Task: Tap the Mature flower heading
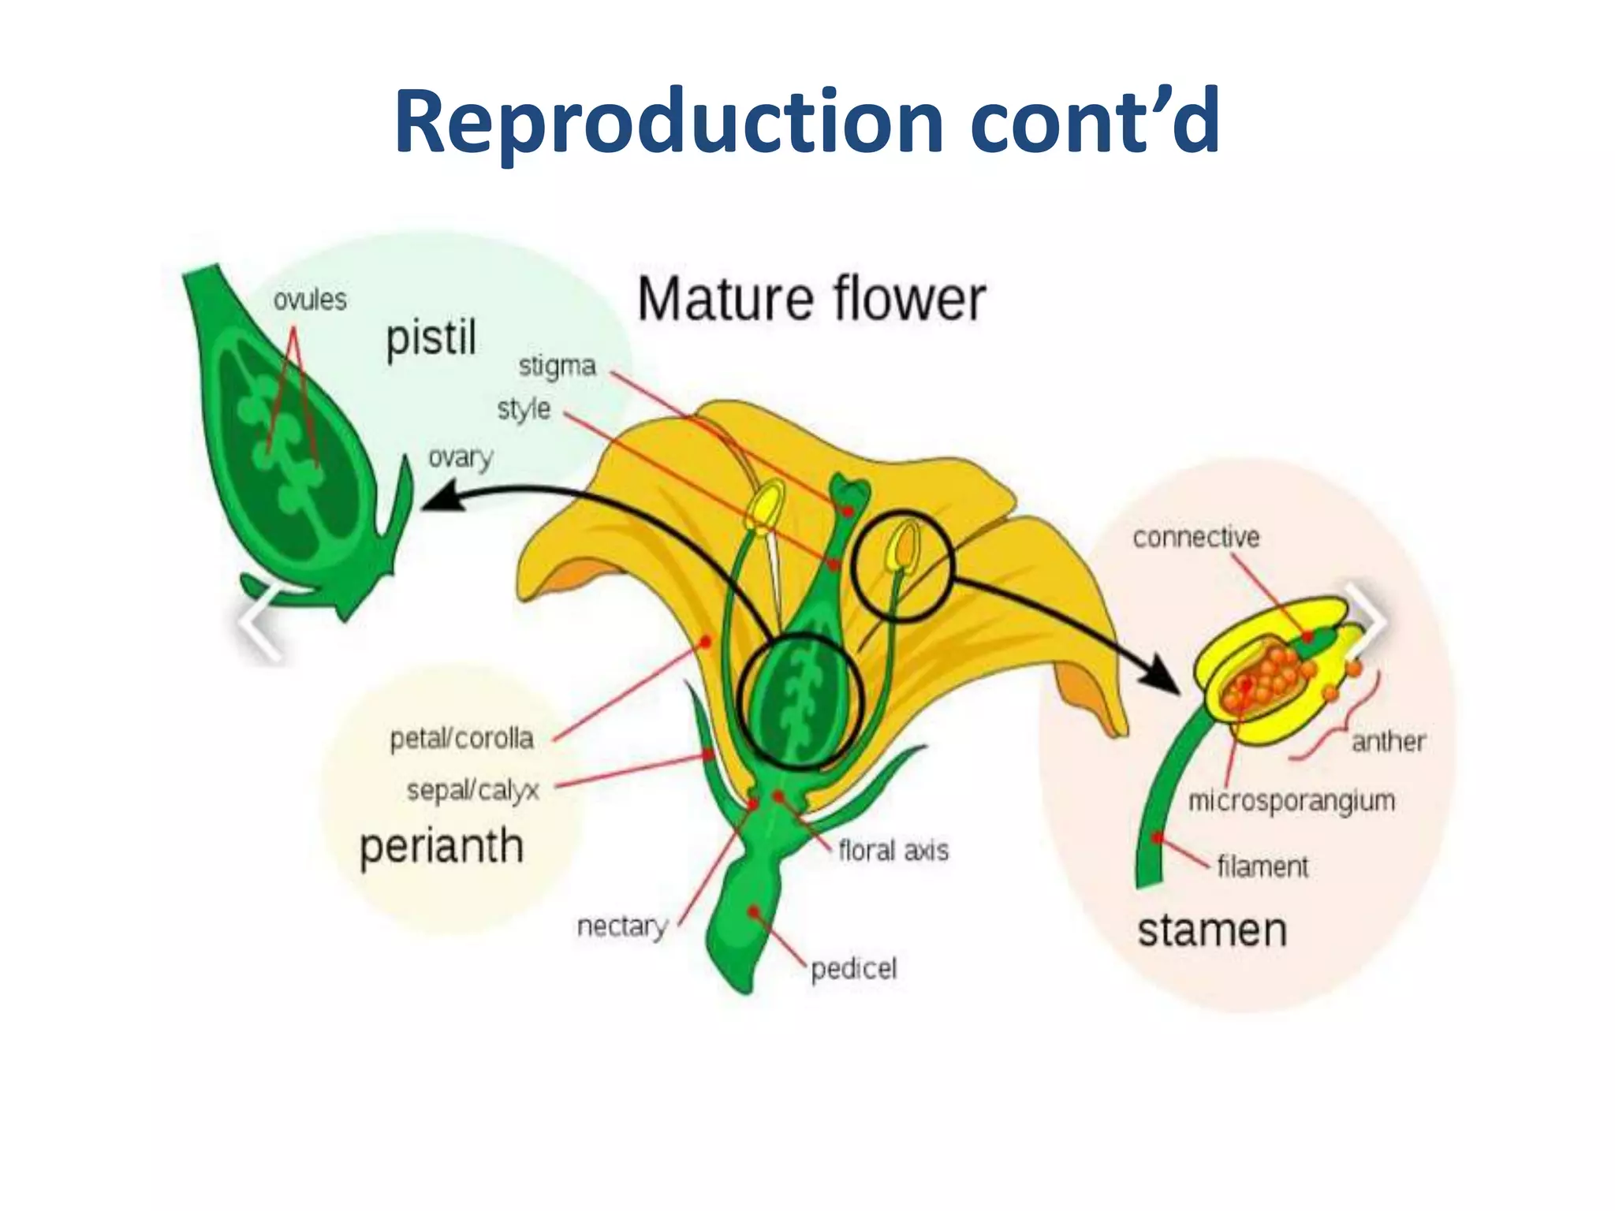(811, 300)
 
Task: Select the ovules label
(310, 300)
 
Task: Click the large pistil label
(431, 339)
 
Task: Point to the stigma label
(557, 367)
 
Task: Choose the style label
(524, 409)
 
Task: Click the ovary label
(461, 457)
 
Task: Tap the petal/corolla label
(462, 739)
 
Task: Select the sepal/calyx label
(472, 789)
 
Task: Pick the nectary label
(622, 926)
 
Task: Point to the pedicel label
(854, 968)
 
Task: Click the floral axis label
(893, 851)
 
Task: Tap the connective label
(1195, 538)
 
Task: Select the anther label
(1389, 742)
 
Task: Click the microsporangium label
(1292, 801)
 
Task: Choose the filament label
(1263, 866)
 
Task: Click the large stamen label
(1212, 931)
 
